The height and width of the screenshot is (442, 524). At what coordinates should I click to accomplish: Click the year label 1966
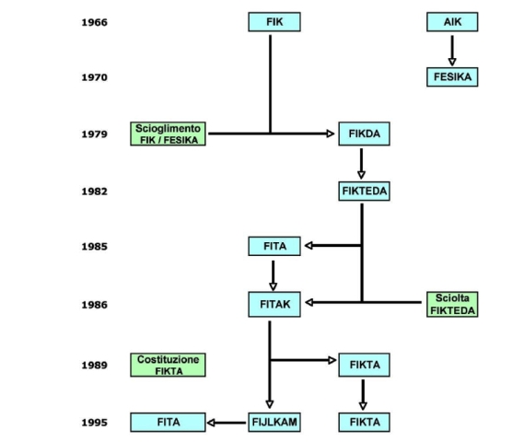[95, 22]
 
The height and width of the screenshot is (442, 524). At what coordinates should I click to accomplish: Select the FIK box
[274, 22]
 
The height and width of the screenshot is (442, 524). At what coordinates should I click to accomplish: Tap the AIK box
[452, 22]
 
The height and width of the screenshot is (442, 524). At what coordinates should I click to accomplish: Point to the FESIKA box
[452, 77]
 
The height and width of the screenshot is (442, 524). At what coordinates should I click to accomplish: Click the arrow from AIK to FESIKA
[452, 51]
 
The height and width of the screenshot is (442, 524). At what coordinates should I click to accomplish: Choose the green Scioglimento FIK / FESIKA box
[168, 134]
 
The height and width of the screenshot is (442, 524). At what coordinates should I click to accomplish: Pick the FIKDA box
[364, 134]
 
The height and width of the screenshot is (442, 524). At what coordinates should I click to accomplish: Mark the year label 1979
[95, 134]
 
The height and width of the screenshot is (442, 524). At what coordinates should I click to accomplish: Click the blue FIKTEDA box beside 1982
[364, 192]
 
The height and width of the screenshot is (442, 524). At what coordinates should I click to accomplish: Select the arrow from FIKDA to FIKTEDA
[361, 164]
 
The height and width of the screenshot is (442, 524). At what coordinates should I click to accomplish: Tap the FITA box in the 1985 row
[274, 246]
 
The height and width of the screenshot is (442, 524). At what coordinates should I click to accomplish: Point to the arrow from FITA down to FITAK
[273, 275]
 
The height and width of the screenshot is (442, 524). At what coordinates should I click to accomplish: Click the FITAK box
[274, 305]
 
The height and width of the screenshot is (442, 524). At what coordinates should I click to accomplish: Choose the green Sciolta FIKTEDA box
[452, 305]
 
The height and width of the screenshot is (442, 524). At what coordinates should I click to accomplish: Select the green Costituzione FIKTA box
[168, 365]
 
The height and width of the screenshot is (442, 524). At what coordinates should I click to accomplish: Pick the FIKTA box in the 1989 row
[364, 365]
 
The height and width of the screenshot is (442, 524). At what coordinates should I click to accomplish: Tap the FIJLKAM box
[274, 423]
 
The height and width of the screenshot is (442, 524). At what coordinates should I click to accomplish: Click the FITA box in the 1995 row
[168, 423]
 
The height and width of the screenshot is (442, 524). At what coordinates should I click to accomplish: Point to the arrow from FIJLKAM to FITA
[227, 423]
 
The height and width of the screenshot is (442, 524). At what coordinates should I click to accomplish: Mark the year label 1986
[95, 305]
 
